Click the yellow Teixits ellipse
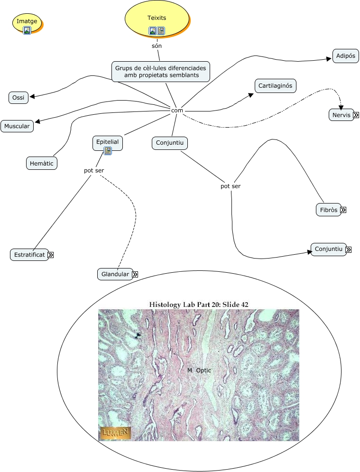[x=157, y=18]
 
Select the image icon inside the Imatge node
[x=27, y=30]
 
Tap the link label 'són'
[x=157, y=46]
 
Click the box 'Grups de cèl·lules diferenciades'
[x=161, y=72]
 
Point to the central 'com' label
[x=177, y=110]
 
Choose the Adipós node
[x=345, y=56]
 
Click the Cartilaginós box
[x=275, y=86]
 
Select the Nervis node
[x=341, y=115]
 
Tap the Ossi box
[x=18, y=98]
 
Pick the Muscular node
[x=17, y=126]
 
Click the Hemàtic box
[x=42, y=163]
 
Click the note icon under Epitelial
[x=108, y=151]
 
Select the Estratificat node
[x=29, y=255]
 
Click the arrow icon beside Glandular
[x=135, y=274]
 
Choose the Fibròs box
[x=328, y=210]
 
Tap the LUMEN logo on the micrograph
[x=115, y=433]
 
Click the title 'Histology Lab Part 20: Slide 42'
[x=199, y=304]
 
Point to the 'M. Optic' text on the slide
[x=199, y=370]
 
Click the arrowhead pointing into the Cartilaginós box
[x=251, y=94]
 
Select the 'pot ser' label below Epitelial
[x=94, y=170]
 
